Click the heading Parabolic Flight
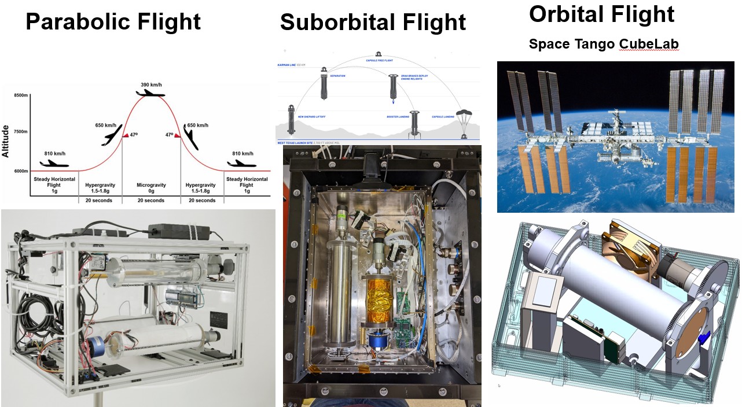click(x=113, y=22)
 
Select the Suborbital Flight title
click(x=373, y=22)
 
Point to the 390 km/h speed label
click(x=152, y=85)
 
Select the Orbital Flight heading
click(x=601, y=14)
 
